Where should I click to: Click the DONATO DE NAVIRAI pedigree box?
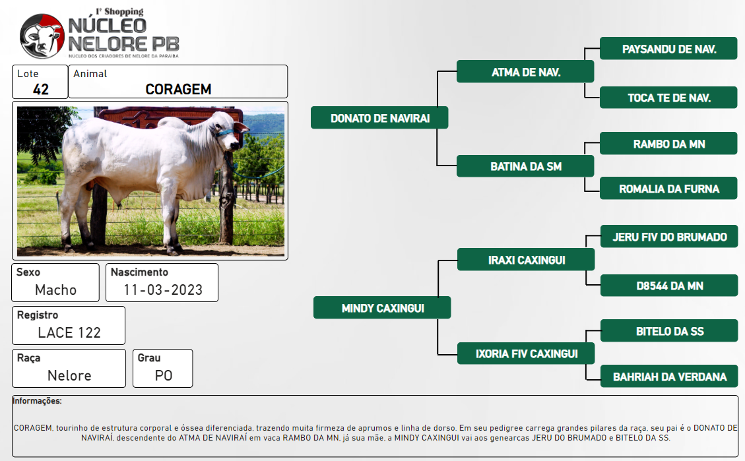pyautogui.click(x=379, y=118)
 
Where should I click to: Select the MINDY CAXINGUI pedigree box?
pyautogui.click(x=382, y=307)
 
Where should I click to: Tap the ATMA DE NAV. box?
pyautogui.click(x=525, y=72)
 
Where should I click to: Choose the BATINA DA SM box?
pyautogui.click(x=525, y=166)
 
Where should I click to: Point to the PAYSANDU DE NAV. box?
pyautogui.click(x=668, y=48)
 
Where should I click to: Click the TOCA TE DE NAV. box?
pyautogui.click(x=668, y=98)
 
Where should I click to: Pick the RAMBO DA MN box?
pyautogui.click(x=668, y=143)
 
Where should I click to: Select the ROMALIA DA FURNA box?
pyautogui.click(x=668, y=189)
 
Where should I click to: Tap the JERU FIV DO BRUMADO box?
pyautogui.click(x=669, y=236)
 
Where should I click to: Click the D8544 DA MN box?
pyautogui.click(x=669, y=286)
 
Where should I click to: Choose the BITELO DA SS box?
pyautogui.click(x=669, y=331)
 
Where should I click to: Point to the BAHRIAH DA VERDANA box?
pyautogui.click(x=669, y=377)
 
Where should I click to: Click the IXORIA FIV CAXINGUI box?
pyautogui.click(x=526, y=353)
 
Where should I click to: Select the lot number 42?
pyautogui.click(x=40, y=89)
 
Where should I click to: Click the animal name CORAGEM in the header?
pyautogui.click(x=178, y=89)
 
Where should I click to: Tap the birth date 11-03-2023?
pyautogui.click(x=163, y=290)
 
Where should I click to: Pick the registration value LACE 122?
pyautogui.click(x=69, y=332)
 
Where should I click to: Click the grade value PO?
pyautogui.click(x=164, y=375)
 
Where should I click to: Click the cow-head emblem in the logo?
pyautogui.click(x=42, y=36)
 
